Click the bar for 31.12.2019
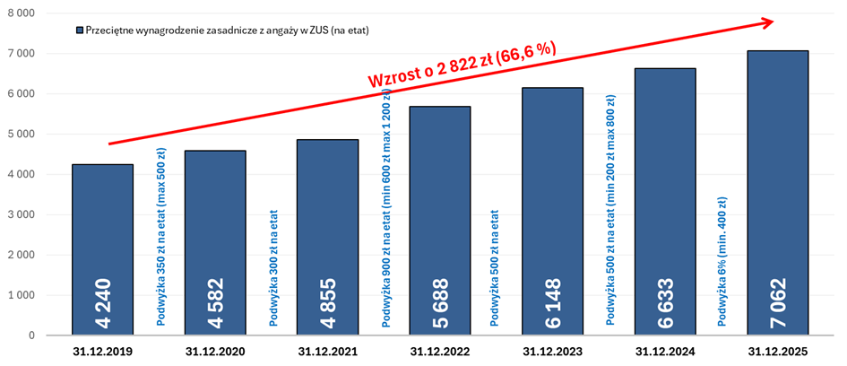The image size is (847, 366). click(x=102, y=249)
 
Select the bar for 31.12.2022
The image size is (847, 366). click(x=440, y=221)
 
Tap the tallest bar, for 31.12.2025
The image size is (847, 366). click(x=778, y=193)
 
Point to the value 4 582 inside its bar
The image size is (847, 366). click(x=215, y=302)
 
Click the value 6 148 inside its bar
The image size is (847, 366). click(x=553, y=302)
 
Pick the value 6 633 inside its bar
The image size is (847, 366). click(x=665, y=302)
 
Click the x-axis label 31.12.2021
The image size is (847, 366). click(x=328, y=352)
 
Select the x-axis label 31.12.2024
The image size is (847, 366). click(x=665, y=352)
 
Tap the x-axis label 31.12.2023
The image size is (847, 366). click(x=553, y=352)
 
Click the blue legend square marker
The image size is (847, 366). click(x=80, y=30)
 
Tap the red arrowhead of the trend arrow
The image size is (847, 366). click(x=767, y=22)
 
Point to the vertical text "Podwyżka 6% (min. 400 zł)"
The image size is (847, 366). click(x=722, y=261)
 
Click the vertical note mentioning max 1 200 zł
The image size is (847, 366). click(x=387, y=207)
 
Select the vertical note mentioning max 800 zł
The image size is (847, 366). click(x=610, y=210)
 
